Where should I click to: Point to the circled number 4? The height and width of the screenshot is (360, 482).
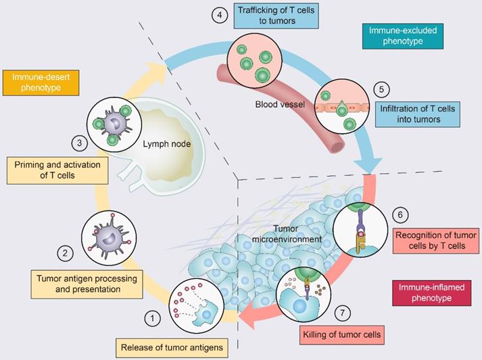click(219, 16)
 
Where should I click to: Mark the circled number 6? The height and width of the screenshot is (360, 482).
click(400, 215)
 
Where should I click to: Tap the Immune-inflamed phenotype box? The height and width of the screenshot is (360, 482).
click(427, 293)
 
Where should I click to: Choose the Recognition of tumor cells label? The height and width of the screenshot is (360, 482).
click(436, 240)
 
